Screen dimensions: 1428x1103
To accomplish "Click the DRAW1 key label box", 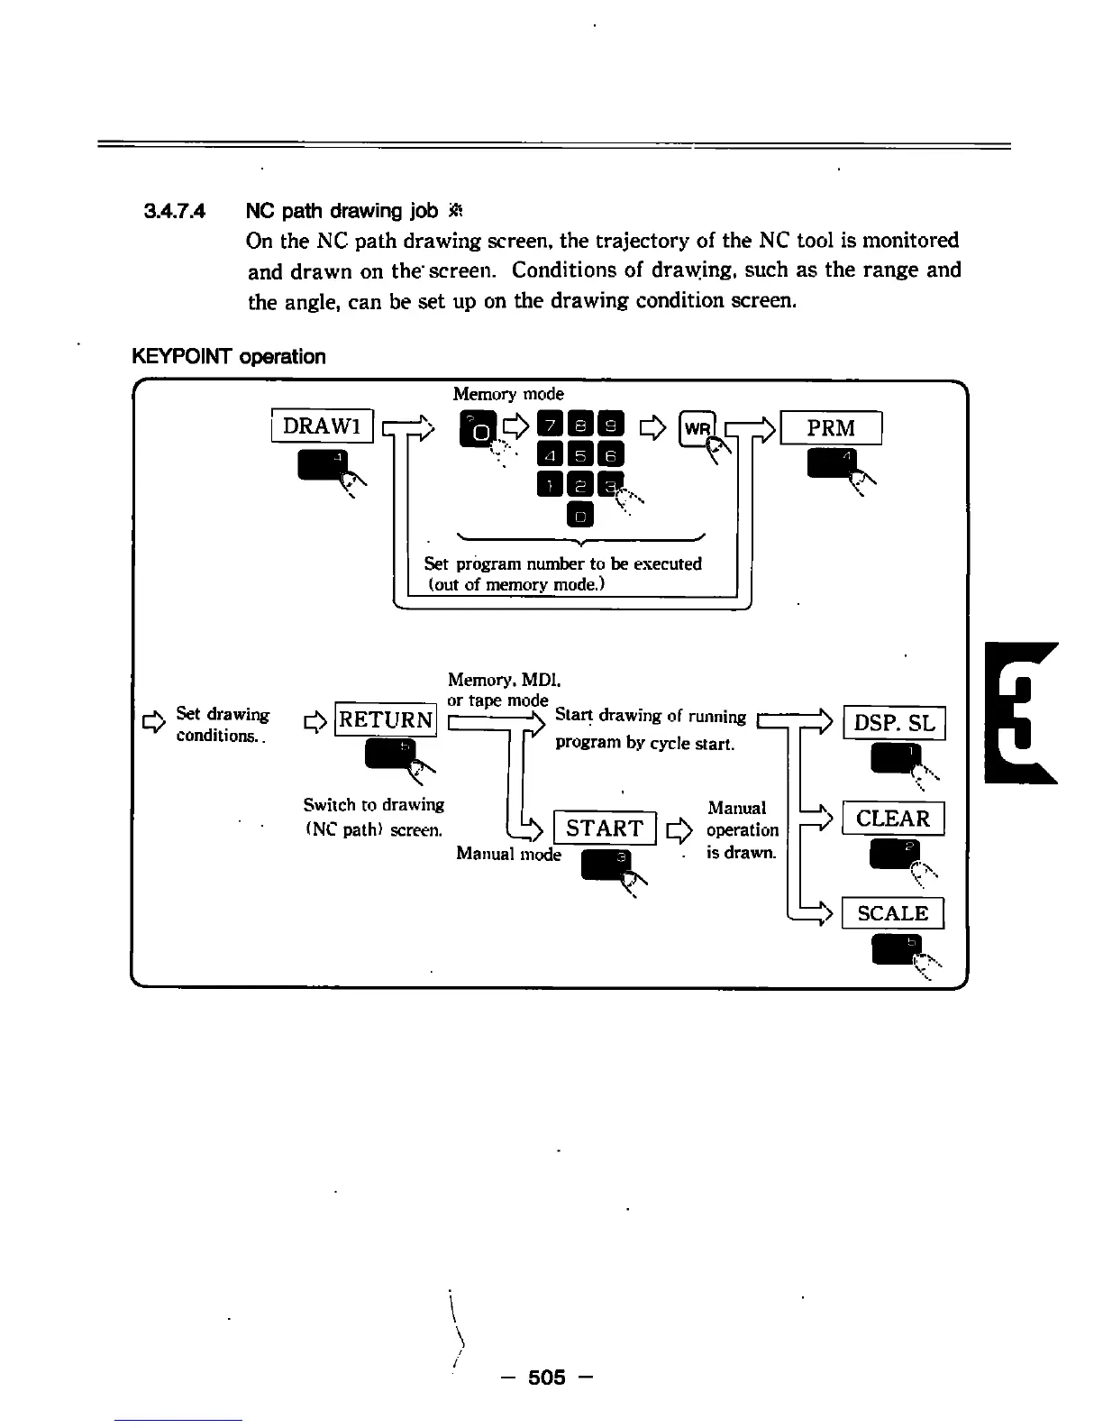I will coord(322,426).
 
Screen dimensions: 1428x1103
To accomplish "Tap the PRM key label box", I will coord(831,427).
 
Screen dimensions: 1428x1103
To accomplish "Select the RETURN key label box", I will coord(386,719).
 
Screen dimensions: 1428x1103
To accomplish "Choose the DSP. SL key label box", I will coord(894,722).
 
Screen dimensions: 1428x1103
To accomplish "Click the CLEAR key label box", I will coord(892,819).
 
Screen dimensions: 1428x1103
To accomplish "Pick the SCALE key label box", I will coord(892,913).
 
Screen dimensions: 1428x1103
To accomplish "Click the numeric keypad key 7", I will coord(549,426).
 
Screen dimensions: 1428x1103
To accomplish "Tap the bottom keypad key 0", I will coord(580,516).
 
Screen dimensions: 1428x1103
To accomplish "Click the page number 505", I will coord(547,1377).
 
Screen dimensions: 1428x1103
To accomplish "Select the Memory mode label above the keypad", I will coord(508,394).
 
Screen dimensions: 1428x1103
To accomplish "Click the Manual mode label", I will coord(508,854).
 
